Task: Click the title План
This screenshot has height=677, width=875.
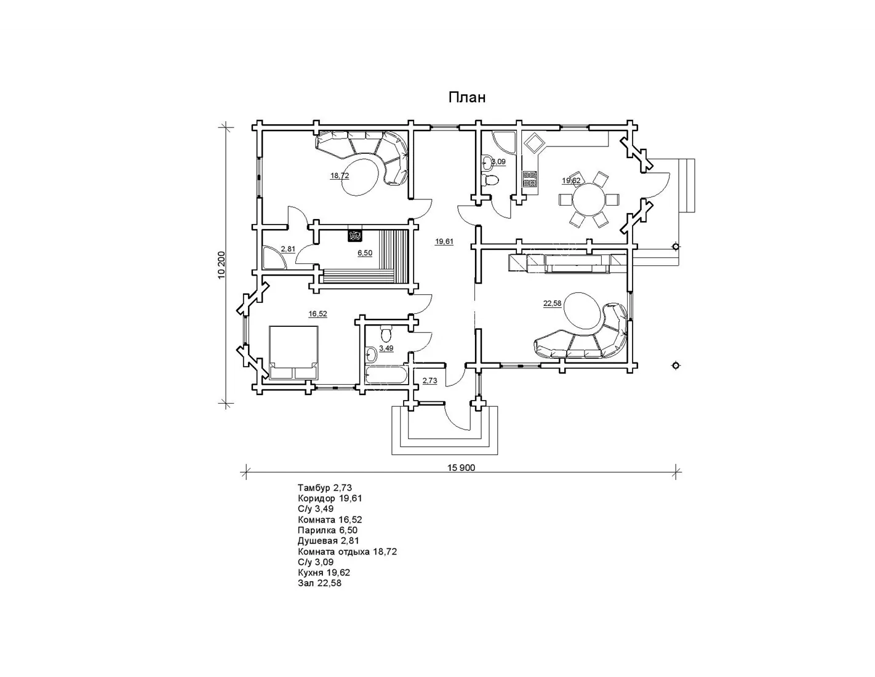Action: (x=466, y=97)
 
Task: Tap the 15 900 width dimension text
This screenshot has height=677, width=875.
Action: (x=461, y=468)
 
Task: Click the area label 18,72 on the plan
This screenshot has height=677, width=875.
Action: (x=340, y=175)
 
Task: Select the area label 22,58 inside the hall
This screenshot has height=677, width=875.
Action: (x=552, y=303)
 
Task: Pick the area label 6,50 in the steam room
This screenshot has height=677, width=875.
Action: (x=365, y=253)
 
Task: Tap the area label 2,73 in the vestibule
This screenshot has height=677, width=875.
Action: (x=430, y=380)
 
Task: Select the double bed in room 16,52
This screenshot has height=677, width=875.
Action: (x=294, y=353)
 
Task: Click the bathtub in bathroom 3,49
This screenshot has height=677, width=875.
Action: (x=386, y=375)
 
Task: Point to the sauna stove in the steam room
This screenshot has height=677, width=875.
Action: (x=355, y=236)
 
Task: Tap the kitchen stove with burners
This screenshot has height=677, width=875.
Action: (x=530, y=179)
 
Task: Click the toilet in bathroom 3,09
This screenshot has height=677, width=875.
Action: (x=490, y=180)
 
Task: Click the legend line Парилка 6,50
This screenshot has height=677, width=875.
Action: (x=327, y=531)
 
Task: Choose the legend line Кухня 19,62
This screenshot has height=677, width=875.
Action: (x=324, y=573)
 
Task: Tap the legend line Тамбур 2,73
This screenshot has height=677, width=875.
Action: (x=324, y=488)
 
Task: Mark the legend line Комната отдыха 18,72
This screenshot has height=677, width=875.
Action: (x=347, y=551)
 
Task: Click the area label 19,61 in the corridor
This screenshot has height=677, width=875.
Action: (x=444, y=242)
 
